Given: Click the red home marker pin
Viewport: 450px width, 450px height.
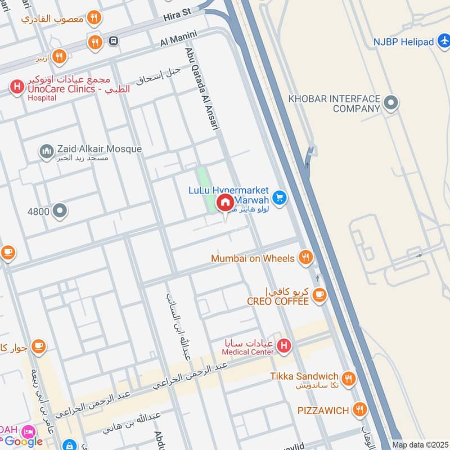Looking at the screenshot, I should click(225, 203).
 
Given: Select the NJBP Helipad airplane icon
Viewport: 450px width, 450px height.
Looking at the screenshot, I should click(443, 42).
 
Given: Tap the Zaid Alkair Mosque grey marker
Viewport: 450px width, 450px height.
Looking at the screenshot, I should click(46, 150).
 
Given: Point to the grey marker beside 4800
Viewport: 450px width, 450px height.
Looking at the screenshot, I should click(60, 211).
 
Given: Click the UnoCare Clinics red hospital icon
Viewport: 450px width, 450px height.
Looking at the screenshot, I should click(16, 87).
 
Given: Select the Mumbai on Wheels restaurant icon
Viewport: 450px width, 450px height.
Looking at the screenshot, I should click(305, 258).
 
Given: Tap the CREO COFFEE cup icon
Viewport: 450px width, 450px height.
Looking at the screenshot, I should click(319, 295).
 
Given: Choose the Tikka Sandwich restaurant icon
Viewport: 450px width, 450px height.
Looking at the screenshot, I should click(349, 379).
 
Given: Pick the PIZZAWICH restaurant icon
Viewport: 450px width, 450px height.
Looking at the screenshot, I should click(360, 409).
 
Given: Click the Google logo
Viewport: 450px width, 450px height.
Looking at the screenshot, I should click(24, 442).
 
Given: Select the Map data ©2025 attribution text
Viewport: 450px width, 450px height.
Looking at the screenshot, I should click(420, 444).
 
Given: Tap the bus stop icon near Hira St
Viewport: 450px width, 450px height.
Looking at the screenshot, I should click(114, 41).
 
